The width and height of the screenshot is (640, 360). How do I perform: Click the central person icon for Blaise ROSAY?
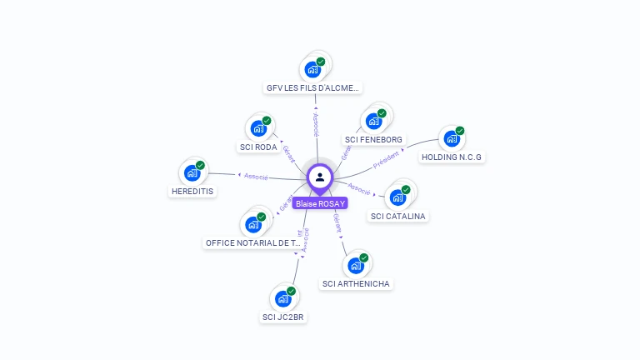point(320,177)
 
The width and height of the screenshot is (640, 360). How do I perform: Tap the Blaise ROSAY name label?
point(320,202)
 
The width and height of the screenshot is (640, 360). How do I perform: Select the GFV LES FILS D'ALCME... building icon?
point(313,68)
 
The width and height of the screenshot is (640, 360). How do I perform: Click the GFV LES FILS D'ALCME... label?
point(313,87)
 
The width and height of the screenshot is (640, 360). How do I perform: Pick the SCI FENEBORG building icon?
point(374,120)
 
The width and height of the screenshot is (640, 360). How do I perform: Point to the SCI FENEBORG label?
point(373,139)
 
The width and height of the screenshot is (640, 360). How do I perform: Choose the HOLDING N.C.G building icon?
point(452,138)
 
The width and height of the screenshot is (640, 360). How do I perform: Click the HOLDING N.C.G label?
point(452,157)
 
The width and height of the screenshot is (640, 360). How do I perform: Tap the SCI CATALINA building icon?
point(398,197)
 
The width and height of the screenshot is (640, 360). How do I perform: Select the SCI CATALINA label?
point(397,216)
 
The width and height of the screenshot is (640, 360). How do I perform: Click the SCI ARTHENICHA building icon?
point(357,265)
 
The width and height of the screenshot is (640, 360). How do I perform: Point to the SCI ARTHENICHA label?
point(356,283)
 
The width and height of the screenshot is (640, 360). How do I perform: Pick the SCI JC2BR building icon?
point(284,297)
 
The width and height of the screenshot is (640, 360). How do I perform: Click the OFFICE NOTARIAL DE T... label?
point(252,242)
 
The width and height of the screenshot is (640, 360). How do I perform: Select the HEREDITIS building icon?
point(192,172)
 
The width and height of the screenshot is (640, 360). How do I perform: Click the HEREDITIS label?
point(192,191)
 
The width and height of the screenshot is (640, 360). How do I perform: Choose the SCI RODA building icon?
point(258,128)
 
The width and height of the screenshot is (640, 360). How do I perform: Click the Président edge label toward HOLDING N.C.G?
point(386,160)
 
